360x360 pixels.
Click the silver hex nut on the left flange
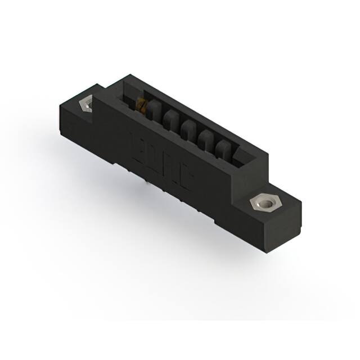(87, 105)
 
